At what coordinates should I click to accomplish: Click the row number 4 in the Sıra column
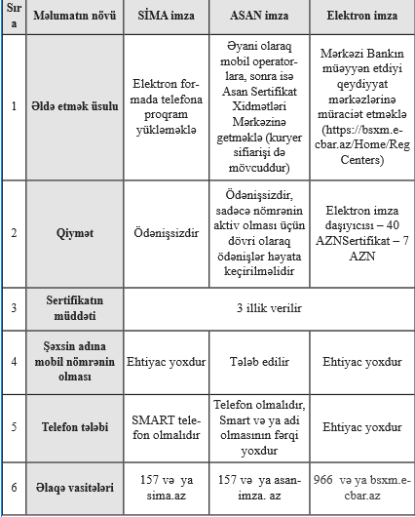click(13, 362)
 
